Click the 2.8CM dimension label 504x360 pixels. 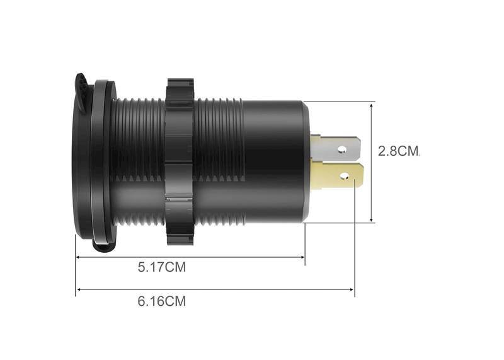[x=398, y=151]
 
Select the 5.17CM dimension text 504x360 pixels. [x=162, y=267]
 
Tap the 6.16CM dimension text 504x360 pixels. [x=162, y=301]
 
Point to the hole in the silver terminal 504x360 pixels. [x=343, y=149]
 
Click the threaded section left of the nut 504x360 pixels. [x=139, y=161]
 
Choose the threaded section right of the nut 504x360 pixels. [x=217, y=161]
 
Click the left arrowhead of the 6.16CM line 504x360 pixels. [x=78, y=290]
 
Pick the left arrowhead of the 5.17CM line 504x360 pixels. [x=78, y=257]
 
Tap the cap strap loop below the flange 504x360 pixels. [x=101, y=245]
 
